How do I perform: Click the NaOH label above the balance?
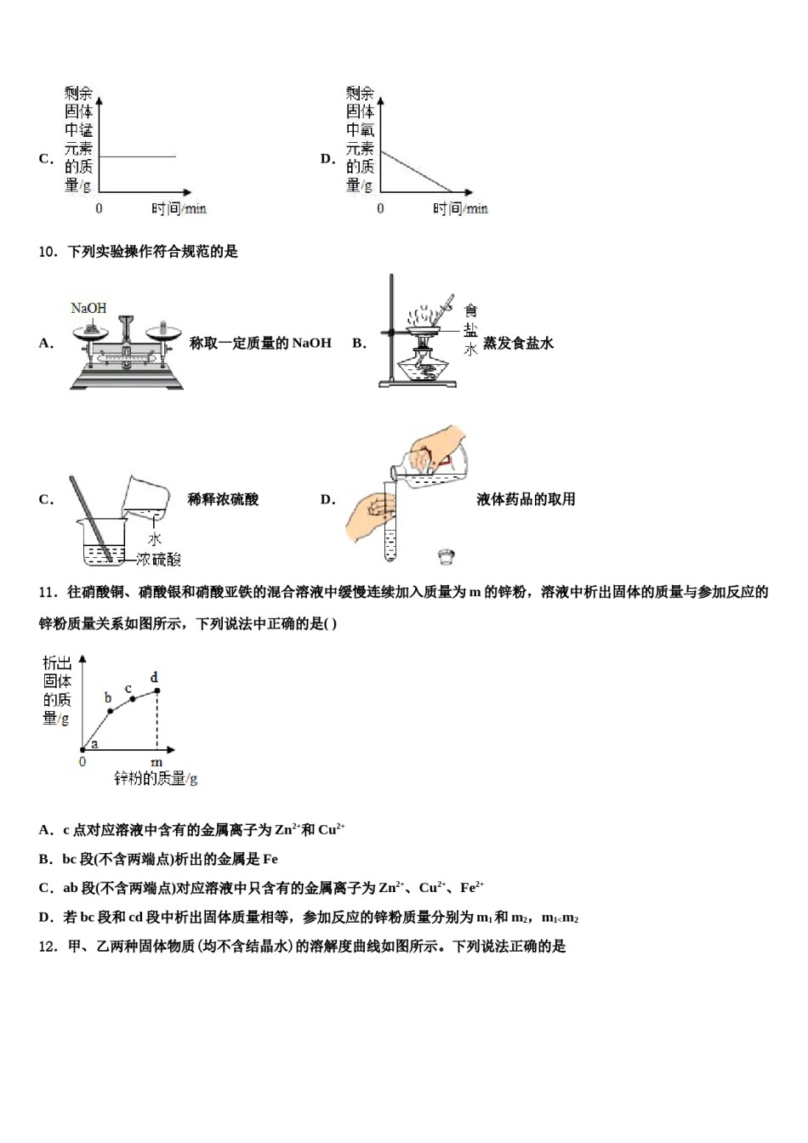pyautogui.click(x=88, y=308)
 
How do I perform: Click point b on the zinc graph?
pyautogui.click(x=111, y=710)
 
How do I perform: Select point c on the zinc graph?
pyautogui.click(x=133, y=699)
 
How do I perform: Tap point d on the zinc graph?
pyautogui.click(x=156, y=690)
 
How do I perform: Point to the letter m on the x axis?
pyautogui.click(x=156, y=762)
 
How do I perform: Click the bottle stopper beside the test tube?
pyautogui.click(x=445, y=557)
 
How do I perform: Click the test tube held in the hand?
pyautogui.click(x=390, y=523)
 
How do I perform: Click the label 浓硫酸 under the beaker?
pyautogui.click(x=159, y=559)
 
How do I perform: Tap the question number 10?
pyautogui.click(x=48, y=252)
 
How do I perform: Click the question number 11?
pyautogui.click(x=48, y=592)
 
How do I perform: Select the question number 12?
pyautogui.click(x=48, y=947)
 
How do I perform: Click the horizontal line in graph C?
pyautogui.click(x=137, y=156)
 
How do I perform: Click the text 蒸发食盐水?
pyautogui.click(x=518, y=344)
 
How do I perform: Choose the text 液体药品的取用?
pyautogui.click(x=526, y=499)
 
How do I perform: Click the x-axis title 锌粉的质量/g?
pyautogui.click(x=156, y=778)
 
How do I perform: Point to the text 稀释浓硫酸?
pyautogui.click(x=223, y=499)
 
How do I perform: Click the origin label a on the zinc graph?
pyautogui.click(x=94, y=743)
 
